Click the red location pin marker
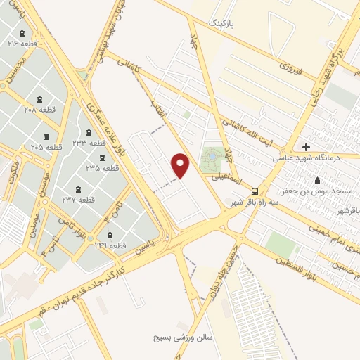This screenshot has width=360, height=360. coord(181,165)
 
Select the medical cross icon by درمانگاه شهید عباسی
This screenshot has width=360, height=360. coord(305,147)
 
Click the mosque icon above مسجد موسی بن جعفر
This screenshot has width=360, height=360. coord(317,181)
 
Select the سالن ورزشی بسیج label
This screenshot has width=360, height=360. coord(184,338)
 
